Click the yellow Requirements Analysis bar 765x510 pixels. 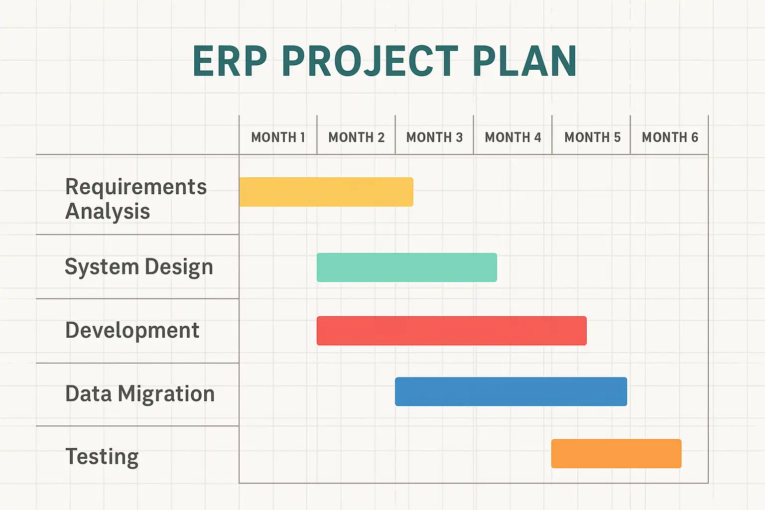point(326,192)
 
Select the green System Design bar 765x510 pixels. point(407,267)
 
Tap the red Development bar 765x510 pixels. point(452,331)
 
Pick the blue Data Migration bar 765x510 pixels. point(511,391)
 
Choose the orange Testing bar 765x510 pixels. point(616,454)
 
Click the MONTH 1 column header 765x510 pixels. point(278,137)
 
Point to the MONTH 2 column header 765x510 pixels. point(356,137)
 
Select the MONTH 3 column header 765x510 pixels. point(434,137)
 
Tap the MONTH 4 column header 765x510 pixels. point(513,137)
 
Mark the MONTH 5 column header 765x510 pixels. point(592,137)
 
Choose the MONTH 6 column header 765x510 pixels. point(670,137)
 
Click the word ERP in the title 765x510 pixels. point(230,61)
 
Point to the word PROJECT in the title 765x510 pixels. point(370,61)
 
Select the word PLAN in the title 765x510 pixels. point(525,61)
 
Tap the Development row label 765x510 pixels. point(132,330)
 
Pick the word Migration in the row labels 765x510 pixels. point(166,394)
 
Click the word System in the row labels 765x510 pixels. point(102,267)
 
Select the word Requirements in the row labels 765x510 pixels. point(136,187)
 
